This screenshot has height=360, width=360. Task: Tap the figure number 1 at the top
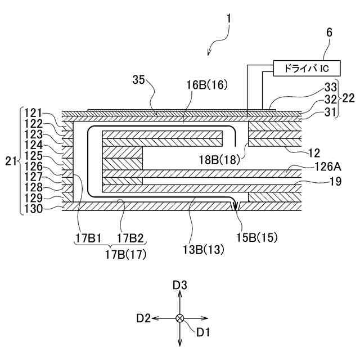click(x=228, y=18)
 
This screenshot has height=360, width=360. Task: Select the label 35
click(x=139, y=79)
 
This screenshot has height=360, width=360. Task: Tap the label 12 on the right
click(x=316, y=152)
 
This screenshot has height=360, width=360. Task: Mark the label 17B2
click(x=130, y=238)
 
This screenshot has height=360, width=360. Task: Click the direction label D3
click(x=180, y=286)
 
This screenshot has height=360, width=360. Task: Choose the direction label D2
click(x=143, y=318)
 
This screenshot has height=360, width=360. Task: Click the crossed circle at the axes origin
click(x=180, y=318)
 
